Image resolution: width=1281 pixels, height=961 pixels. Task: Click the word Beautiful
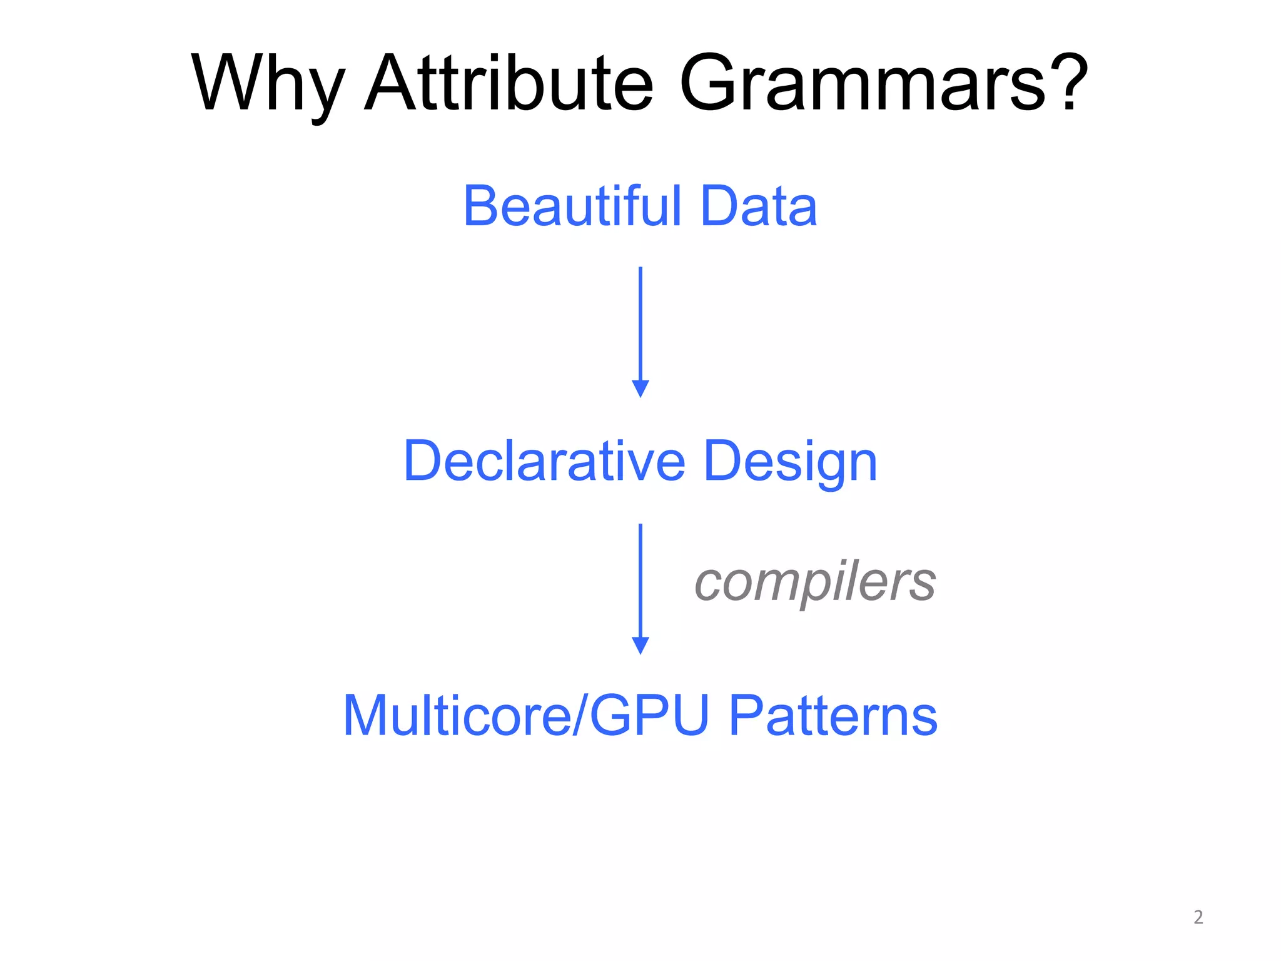tap(572, 206)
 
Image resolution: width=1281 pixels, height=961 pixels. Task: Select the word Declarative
tap(545, 461)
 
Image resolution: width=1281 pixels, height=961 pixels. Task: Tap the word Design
tap(791, 463)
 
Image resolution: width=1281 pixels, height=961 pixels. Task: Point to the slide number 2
tap(1198, 917)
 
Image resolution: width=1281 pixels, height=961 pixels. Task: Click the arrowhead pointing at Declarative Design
tap(640, 389)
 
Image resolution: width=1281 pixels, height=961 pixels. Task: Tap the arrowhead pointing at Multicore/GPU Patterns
tap(640, 645)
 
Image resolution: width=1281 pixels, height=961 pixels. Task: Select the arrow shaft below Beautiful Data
tap(640, 322)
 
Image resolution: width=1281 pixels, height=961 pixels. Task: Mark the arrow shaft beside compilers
tap(640, 579)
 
